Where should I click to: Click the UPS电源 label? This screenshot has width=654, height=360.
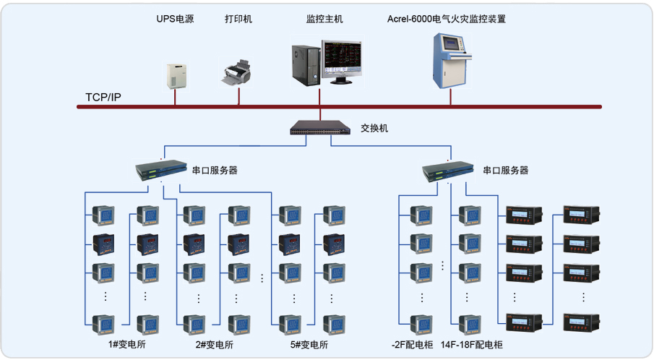(175, 19)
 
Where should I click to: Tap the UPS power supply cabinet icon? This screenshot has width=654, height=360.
(176, 75)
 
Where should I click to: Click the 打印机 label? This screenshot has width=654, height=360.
(238, 19)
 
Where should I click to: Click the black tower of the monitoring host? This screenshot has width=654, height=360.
(305, 65)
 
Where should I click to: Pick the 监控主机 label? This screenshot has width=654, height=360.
(321, 19)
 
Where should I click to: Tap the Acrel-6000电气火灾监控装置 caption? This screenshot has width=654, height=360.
(446, 19)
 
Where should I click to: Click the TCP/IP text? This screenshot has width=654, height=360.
(103, 97)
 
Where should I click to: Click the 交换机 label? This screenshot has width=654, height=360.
(374, 128)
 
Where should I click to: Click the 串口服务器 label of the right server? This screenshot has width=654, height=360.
(505, 171)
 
